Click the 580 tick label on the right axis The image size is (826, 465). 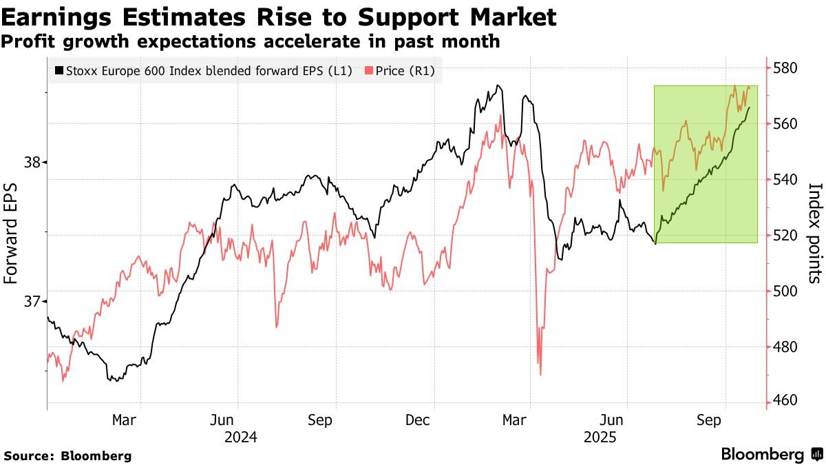(784, 68)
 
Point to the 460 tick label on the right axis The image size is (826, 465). (784, 400)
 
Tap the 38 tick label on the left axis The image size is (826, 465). (32, 162)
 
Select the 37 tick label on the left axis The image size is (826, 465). (32, 302)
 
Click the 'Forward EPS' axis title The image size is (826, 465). (10, 234)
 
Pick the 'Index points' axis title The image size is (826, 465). (815, 234)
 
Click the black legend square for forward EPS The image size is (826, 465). (59, 70)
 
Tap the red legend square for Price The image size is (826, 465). (369, 70)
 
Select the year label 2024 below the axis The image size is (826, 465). (240, 437)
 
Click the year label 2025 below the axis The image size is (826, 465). (600, 437)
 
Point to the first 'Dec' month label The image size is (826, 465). (417, 420)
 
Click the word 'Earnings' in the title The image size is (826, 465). (56, 18)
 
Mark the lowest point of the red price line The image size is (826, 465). (540, 375)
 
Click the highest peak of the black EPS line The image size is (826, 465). (498, 85)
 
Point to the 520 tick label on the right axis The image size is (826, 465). (784, 235)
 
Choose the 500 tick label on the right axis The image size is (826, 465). (784, 291)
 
